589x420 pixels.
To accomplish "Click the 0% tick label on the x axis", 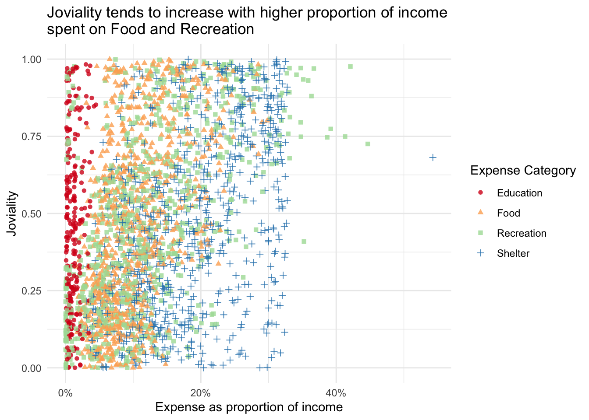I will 65,393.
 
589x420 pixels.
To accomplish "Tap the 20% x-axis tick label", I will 201,393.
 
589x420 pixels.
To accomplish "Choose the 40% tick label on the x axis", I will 336,393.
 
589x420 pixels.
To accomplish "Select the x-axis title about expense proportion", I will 249,408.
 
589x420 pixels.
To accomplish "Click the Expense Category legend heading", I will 523,171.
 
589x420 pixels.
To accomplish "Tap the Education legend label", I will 519,193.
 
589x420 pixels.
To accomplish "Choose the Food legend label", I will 508,213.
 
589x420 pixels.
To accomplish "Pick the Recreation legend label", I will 522,233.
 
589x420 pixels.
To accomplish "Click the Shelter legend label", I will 513,253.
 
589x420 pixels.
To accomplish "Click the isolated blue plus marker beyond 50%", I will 433,157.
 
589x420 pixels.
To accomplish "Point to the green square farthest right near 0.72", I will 368,144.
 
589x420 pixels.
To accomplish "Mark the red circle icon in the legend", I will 480,193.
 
